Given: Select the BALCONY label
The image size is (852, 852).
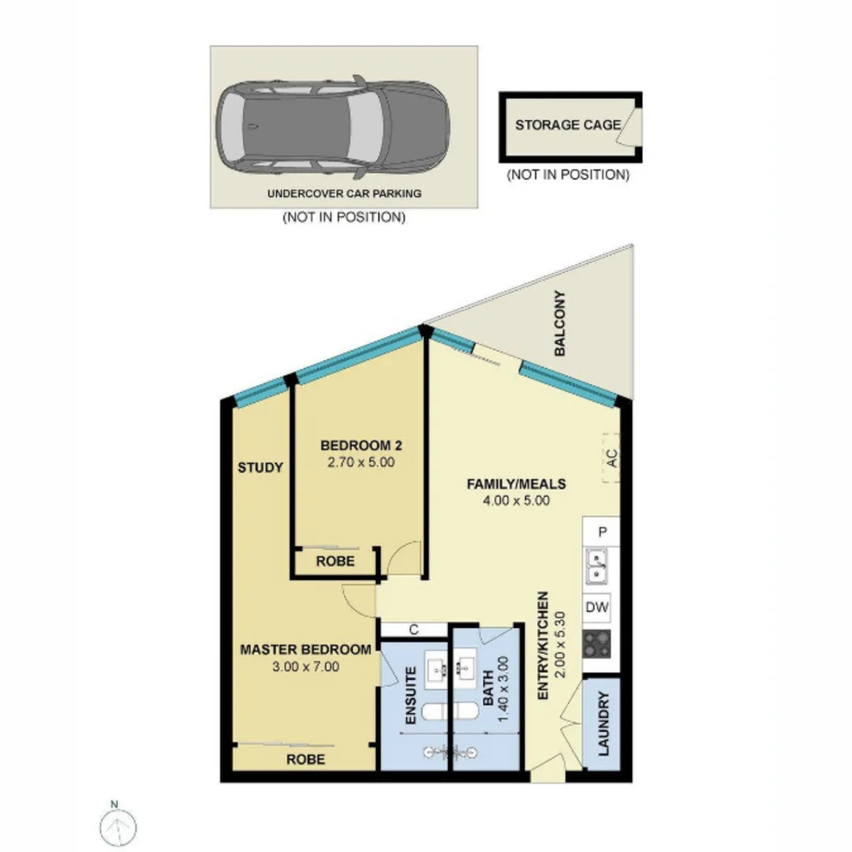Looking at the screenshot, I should click(560, 324).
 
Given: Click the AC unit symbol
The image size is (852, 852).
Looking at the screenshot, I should click(609, 458).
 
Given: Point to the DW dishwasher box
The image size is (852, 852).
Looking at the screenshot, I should click(597, 607).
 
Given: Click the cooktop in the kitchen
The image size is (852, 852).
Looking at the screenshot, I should click(597, 645).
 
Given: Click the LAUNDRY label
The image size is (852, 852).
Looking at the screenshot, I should click(604, 724).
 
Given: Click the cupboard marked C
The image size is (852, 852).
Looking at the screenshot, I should click(413, 630).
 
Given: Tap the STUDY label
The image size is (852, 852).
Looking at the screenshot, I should click(260, 468).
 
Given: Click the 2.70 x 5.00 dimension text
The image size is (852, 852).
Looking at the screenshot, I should click(360, 463).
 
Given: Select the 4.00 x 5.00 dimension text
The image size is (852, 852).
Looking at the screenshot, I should click(516, 500).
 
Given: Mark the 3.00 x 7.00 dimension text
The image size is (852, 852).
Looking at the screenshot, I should click(305, 667).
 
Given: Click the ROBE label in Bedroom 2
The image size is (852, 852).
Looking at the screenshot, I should click(334, 562).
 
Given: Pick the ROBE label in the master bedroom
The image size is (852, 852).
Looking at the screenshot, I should click(305, 760).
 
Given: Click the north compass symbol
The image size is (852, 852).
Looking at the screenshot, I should click(119, 825).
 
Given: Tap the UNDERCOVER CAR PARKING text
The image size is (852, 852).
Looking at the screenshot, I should click(344, 193).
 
